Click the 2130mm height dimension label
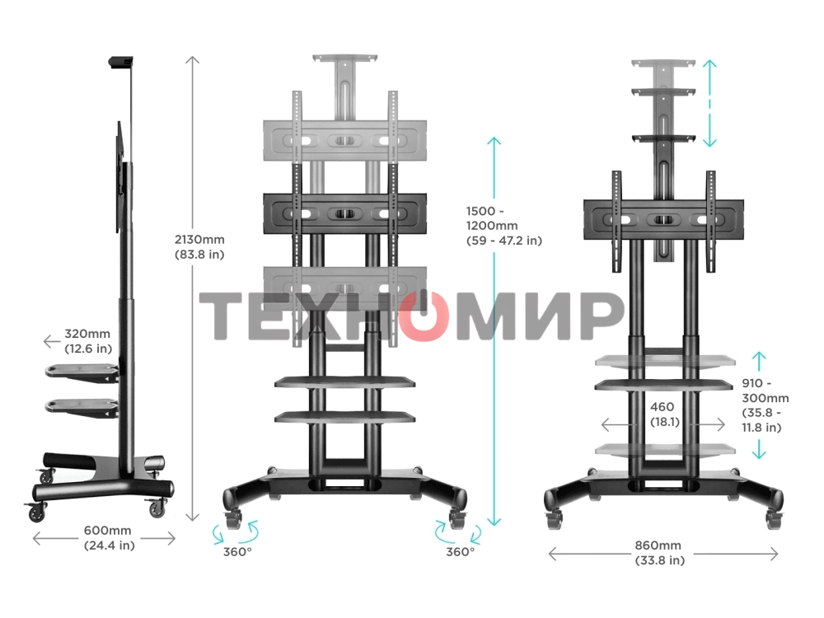click(x=199, y=246)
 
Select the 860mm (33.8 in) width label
click(x=658, y=553)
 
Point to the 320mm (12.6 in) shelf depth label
click(x=88, y=341)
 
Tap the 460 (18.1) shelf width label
click(x=662, y=414)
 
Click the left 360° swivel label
click(x=236, y=551)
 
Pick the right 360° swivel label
click(x=460, y=551)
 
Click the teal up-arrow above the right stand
click(x=710, y=70)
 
